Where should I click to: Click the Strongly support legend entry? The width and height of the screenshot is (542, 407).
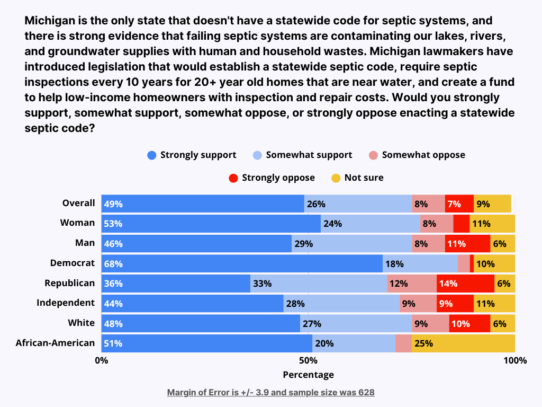point(192,155)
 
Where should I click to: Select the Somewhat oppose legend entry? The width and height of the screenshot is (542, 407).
point(417,155)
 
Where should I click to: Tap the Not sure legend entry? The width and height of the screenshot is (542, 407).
point(357,178)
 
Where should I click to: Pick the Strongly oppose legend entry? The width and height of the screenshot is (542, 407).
point(272,178)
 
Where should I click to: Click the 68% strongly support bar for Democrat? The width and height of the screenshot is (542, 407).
point(242,263)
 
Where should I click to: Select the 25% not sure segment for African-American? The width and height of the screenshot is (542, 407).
point(463,343)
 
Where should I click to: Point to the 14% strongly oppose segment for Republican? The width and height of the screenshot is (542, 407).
point(465,284)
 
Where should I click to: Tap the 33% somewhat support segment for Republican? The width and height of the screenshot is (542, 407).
point(319,284)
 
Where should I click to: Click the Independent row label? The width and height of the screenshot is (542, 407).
point(66,303)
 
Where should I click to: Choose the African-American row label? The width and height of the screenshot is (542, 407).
point(55,343)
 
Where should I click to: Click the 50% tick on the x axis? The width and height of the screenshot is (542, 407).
point(308,361)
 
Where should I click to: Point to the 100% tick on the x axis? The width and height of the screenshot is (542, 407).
point(515,361)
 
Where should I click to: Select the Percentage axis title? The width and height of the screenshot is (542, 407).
point(308,375)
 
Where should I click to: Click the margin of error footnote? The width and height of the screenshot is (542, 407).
point(270,393)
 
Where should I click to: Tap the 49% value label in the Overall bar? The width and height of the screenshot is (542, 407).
point(113,204)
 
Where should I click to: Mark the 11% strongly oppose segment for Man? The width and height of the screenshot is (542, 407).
point(467,244)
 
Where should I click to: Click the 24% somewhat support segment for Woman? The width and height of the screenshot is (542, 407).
point(371,224)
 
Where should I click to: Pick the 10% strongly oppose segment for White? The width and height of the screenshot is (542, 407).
point(469,323)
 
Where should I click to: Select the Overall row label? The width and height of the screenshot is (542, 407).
point(78,203)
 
